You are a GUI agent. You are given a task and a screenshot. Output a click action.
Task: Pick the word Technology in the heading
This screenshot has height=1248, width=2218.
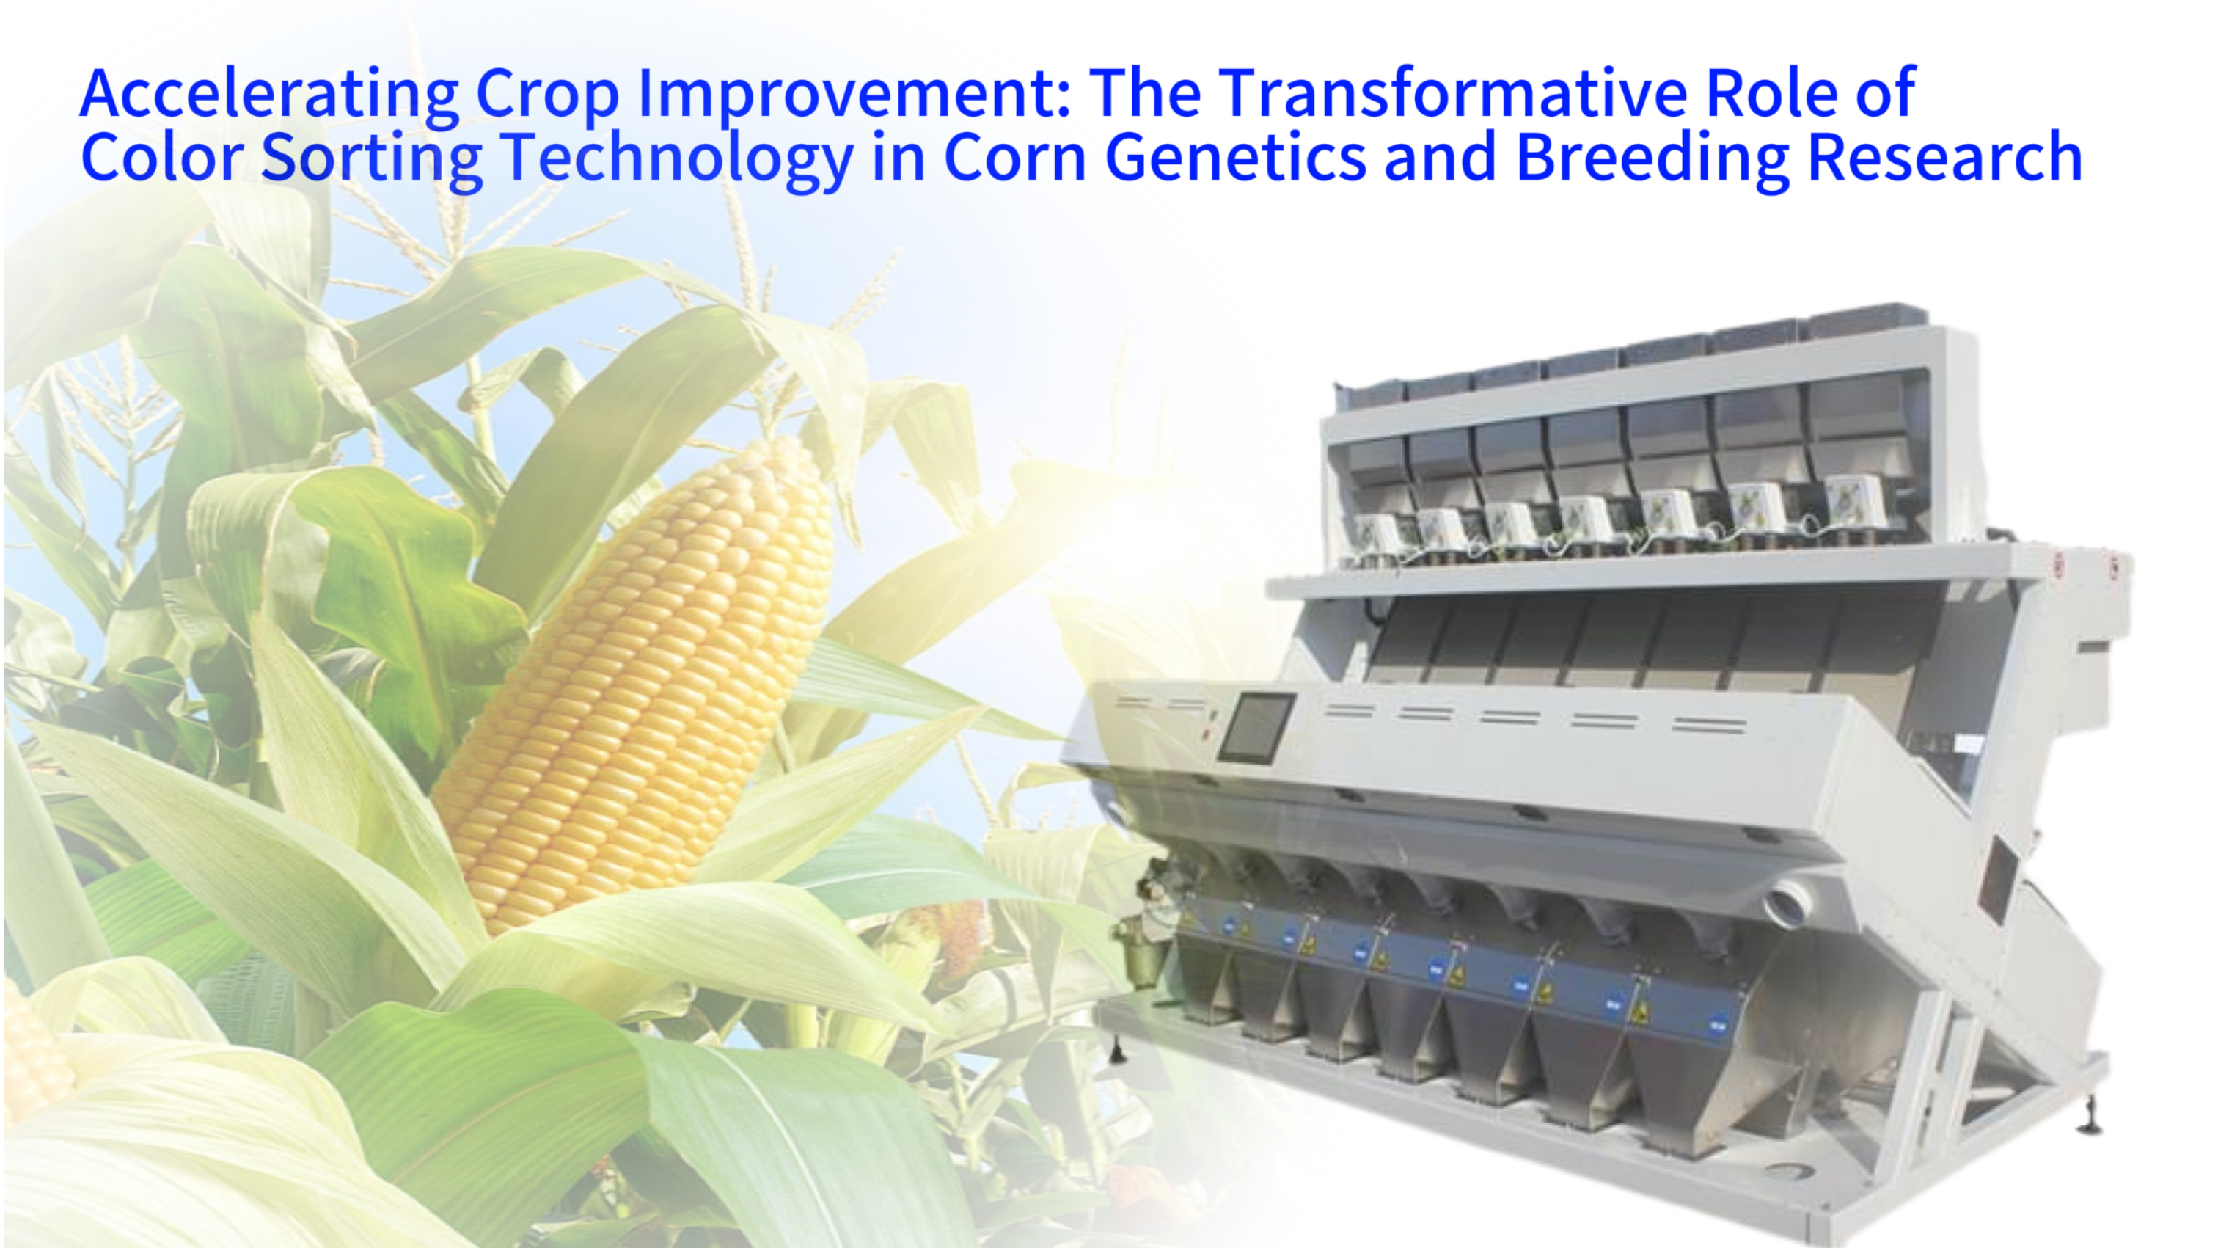tap(677, 158)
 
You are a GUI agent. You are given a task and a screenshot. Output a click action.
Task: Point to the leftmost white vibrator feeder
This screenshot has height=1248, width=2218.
tap(1377, 535)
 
